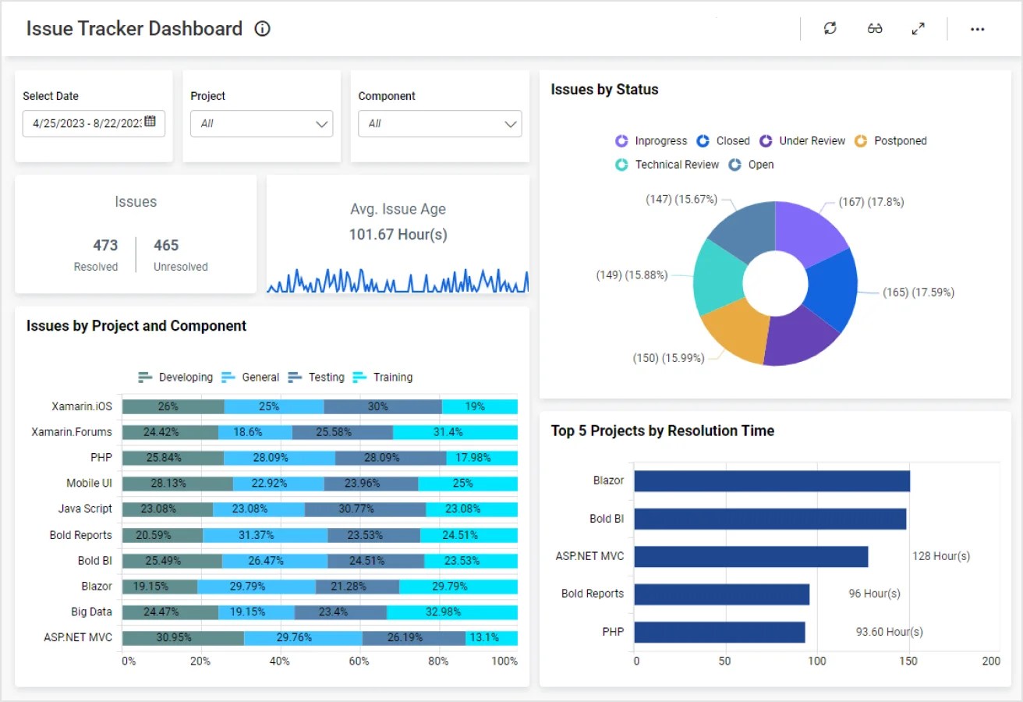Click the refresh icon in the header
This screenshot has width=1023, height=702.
click(830, 29)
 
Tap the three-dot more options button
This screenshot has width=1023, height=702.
click(977, 29)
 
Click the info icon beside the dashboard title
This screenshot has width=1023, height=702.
click(263, 29)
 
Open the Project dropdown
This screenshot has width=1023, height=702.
click(261, 123)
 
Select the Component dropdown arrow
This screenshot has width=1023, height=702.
click(511, 124)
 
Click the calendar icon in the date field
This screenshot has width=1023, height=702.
click(150, 122)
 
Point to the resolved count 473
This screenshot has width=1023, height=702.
click(105, 245)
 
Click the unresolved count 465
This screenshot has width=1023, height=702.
click(166, 245)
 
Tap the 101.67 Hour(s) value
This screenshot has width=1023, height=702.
click(398, 235)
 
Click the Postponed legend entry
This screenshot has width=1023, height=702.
click(891, 141)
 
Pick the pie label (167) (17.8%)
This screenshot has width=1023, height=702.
click(871, 202)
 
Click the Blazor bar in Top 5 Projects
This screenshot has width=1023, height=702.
click(771, 481)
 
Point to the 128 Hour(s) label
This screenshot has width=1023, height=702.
click(941, 556)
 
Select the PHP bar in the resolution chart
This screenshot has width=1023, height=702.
click(719, 632)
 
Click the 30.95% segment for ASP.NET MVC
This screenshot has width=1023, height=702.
click(182, 637)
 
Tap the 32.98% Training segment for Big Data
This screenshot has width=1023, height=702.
click(452, 612)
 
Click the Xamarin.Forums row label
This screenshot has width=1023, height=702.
click(72, 431)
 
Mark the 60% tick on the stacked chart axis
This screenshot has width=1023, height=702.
click(359, 661)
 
